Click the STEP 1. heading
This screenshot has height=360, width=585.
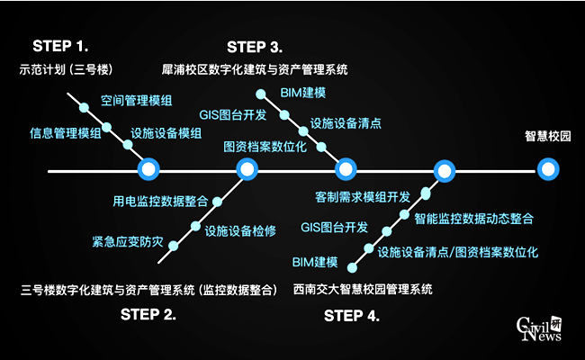[x=60, y=45]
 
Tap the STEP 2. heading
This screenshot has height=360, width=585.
[x=148, y=314]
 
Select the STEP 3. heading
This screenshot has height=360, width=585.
[x=255, y=46]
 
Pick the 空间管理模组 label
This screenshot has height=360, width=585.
[x=137, y=99]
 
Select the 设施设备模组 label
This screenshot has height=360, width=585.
[x=166, y=133]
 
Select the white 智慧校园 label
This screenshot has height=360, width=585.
[x=548, y=137]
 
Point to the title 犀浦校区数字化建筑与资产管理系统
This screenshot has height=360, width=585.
[x=255, y=69]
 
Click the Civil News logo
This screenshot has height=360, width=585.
[x=538, y=329]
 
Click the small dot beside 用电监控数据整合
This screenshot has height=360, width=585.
[x=217, y=201]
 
